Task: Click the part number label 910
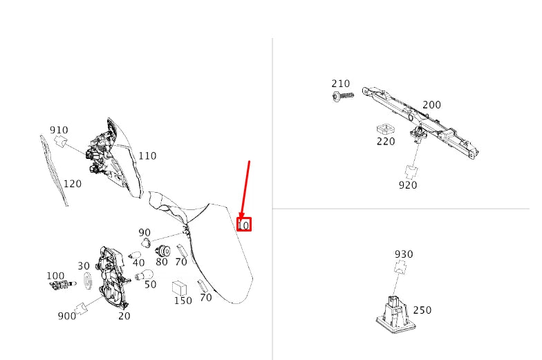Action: click(59, 130)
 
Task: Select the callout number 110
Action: click(147, 156)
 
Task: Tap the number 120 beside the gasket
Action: click(72, 184)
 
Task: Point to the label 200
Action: click(431, 106)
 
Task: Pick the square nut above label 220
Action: click(384, 129)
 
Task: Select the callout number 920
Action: click(408, 185)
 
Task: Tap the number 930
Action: click(404, 254)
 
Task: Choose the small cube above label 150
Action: click(182, 287)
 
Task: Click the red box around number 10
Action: click(244, 225)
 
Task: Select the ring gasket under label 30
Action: click(88, 282)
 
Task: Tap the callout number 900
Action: click(67, 316)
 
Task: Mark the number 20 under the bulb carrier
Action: click(124, 316)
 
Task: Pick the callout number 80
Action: click(162, 263)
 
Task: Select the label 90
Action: click(144, 233)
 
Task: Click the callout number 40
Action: click(139, 263)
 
